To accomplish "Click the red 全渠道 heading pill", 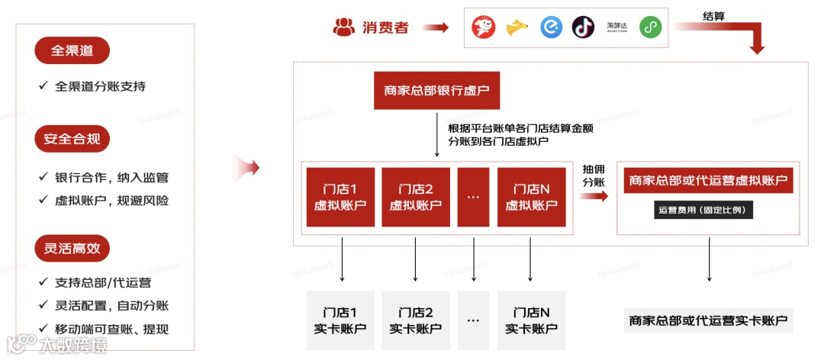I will [x=72, y=51].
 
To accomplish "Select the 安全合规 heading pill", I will [x=72, y=140].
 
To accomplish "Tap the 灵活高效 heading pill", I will [x=72, y=248].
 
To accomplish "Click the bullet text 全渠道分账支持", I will [x=100, y=86].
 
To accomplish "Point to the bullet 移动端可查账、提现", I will [x=111, y=329].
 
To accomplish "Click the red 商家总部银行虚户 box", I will [x=436, y=92].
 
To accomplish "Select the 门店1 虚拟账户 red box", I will [x=340, y=197].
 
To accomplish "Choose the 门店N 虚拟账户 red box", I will [x=531, y=197].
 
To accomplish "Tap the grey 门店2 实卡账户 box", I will [x=416, y=320].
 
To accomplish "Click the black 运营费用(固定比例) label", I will [x=703, y=210].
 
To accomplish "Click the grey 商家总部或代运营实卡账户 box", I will [x=708, y=320].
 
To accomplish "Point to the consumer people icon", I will [x=344, y=27].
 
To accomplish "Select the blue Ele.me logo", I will [x=551, y=27].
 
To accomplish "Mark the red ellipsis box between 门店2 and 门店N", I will [x=473, y=197].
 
